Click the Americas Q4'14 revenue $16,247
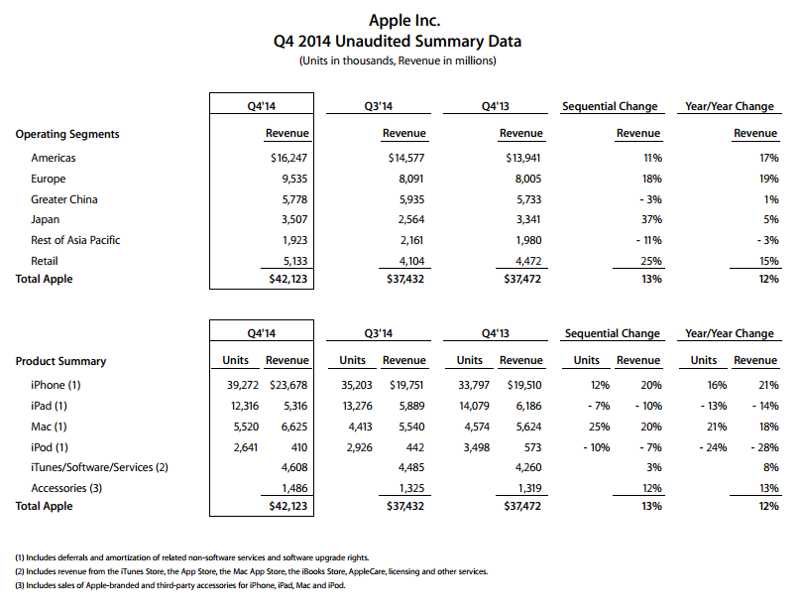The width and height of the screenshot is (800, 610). coord(289,158)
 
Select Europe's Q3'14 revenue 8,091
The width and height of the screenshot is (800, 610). coord(408,179)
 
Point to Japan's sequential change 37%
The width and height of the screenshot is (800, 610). coord(649,219)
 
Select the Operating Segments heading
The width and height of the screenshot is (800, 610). coord(67,134)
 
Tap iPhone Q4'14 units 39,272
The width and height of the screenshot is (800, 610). coord(236,385)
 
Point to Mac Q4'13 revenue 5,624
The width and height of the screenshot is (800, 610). coord(525,426)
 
